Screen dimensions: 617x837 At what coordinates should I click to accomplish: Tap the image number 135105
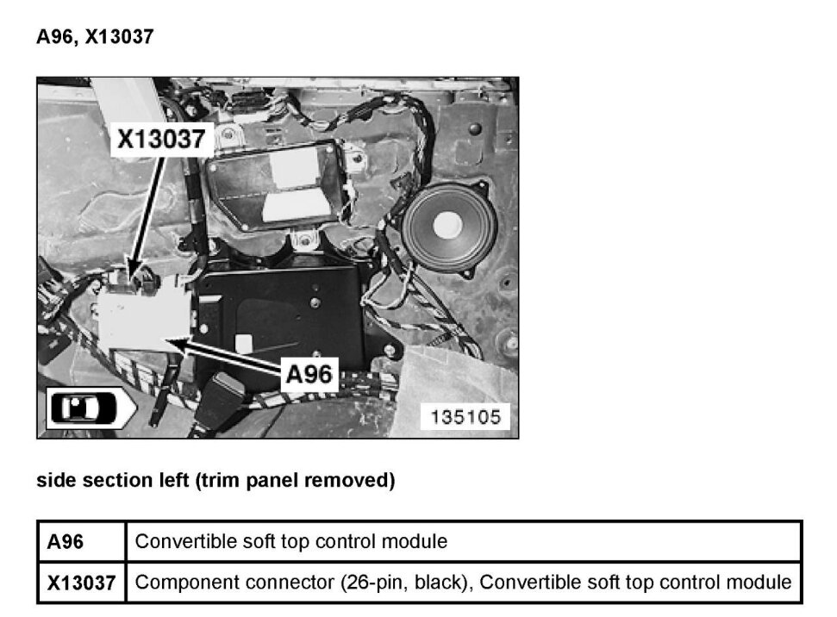(465, 417)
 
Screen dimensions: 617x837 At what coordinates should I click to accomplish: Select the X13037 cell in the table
(81, 583)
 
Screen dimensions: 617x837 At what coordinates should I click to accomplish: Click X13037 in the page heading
(119, 37)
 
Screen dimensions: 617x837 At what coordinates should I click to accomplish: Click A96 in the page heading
(55, 37)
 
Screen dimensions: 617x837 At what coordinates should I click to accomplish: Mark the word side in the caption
(55, 481)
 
